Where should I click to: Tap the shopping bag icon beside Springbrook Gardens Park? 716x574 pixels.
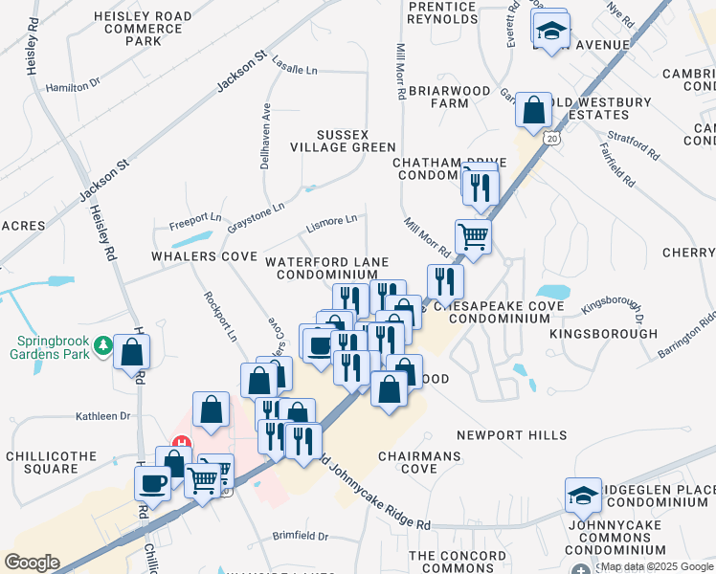pyautogui.click(x=130, y=350)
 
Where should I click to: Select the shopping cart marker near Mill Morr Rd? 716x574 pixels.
pyautogui.click(x=473, y=235)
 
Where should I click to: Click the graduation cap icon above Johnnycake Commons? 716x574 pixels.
pyautogui.click(x=583, y=496)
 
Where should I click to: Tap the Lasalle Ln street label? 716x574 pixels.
pyautogui.click(x=294, y=70)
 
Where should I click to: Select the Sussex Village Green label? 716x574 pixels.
pyautogui.click(x=343, y=140)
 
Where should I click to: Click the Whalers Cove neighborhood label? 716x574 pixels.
pyautogui.click(x=203, y=257)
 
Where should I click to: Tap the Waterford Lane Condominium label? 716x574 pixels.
pyautogui.click(x=326, y=268)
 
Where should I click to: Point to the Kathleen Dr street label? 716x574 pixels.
pyautogui.click(x=102, y=416)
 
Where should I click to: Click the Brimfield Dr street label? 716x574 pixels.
pyautogui.click(x=300, y=537)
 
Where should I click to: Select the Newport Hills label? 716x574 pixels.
pyautogui.click(x=511, y=435)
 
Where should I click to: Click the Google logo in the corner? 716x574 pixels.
pyautogui.click(x=32, y=562)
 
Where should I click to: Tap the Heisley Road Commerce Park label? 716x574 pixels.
pyautogui.click(x=142, y=29)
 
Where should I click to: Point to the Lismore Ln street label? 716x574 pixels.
pyautogui.click(x=330, y=224)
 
